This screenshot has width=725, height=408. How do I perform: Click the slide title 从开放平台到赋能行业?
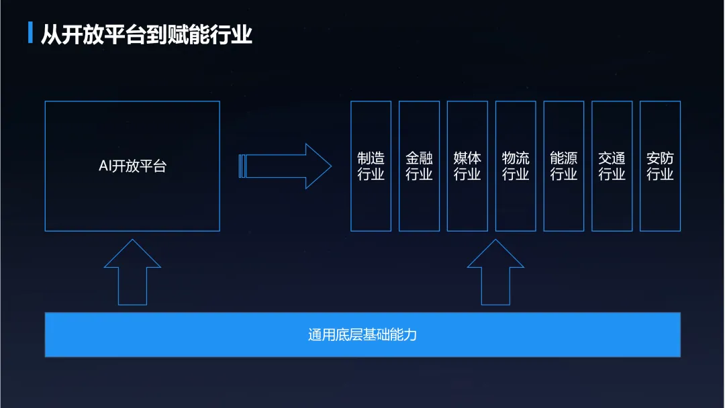pos(146,34)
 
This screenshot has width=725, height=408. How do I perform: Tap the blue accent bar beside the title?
pos(30,33)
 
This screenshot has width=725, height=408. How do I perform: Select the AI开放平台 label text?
pos(132,166)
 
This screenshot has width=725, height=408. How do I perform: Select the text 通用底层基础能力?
pos(362,334)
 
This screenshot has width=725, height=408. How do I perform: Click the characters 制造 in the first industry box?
pos(371,158)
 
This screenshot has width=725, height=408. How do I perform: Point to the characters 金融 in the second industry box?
pos(419,158)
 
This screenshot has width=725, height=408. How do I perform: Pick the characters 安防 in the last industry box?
pos(660,158)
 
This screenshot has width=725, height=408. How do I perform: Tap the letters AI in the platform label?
pos(104,166)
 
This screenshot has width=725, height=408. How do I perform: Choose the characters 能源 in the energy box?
pos(564,158)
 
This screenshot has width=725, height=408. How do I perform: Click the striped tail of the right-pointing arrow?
pos(242,166)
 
